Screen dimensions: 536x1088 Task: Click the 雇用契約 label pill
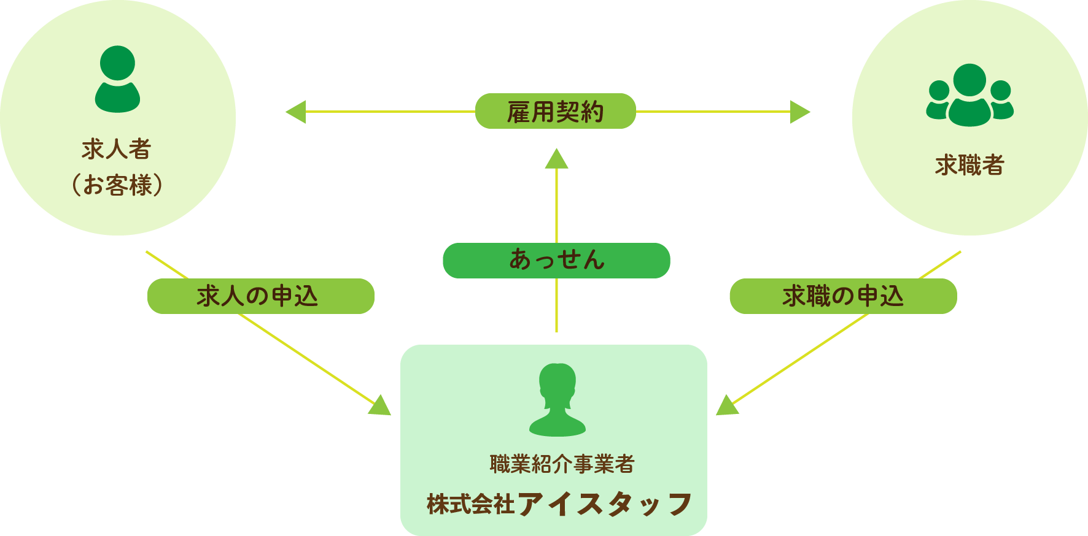pos(555,112)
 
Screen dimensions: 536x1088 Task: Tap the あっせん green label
pos(556,260)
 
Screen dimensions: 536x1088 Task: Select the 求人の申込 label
pos(260,296)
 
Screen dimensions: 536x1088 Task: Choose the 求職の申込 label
pos(842,296)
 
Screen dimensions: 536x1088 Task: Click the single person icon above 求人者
pos(117,80)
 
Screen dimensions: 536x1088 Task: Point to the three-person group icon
pos(969,95)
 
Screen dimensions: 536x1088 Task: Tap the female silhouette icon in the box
pos(557,400)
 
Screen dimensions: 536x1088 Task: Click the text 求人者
pos(117,149)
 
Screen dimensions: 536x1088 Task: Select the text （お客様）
pos(117,185)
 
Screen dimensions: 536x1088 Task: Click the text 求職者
pos(969,165)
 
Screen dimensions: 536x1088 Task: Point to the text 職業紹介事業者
pos(561,464)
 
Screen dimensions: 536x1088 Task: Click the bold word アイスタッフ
pos(605,504)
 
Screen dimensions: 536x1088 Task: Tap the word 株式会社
pos(471,505)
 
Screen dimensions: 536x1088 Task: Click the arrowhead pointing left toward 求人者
pos(297,112)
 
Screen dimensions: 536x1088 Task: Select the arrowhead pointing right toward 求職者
pos(799,112)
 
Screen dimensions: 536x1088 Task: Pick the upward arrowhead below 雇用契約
pos(556,159)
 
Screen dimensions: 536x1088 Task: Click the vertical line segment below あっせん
pos(556,305)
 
